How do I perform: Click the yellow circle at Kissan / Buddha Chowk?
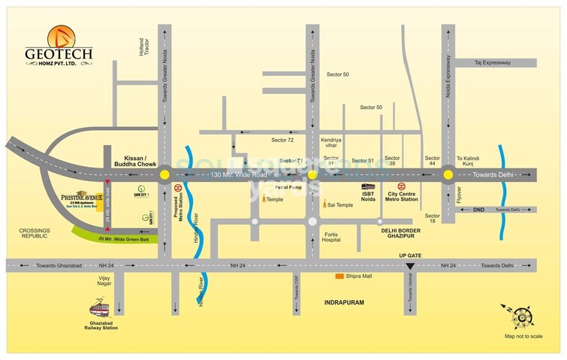coord(164,175)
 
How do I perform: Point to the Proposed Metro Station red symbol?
coord(178,187)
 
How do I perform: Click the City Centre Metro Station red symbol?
coord(400,187)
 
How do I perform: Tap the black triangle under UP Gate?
coord(409,266)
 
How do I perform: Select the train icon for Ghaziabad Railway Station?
coord(101,308)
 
